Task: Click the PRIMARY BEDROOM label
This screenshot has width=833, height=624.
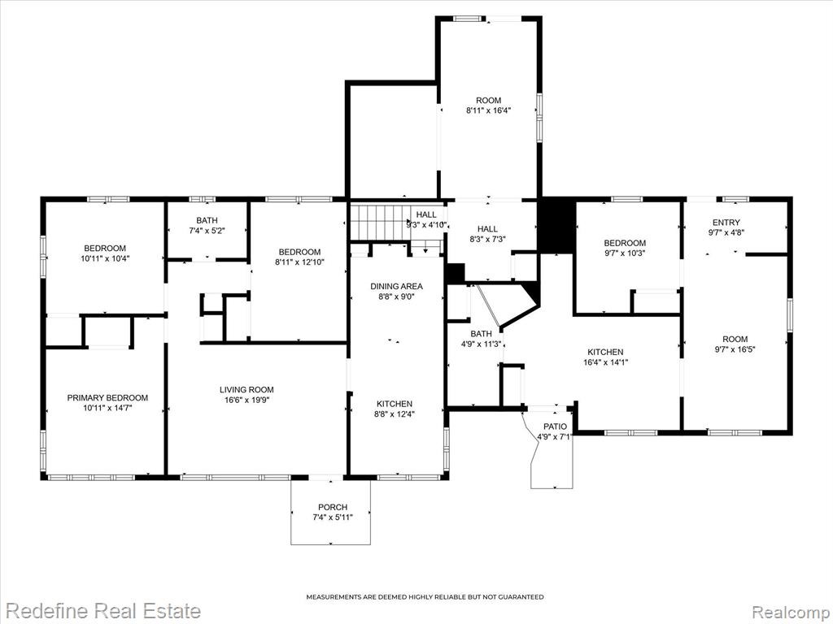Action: pyautogui.click(x=107, y=398)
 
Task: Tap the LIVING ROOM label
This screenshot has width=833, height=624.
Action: pyautogui.click(x=246, y=390)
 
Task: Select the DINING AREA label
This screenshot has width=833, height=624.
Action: pyautogui.click(x=396, y=287)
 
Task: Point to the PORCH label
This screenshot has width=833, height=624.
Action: pyautogui.click(x=333, y=507)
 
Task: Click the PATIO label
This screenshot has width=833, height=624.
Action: pyautogui.click(x=555, y=427)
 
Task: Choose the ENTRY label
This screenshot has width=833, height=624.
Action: pyautogui.click(x=726, y=223)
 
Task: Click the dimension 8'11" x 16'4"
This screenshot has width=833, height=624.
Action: pyautogui.click(x=488, y=110)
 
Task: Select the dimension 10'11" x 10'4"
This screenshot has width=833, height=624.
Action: pyautogui.click(x=105, y=259)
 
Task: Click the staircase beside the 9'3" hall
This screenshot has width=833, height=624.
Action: pyautogui.click(x=377, y=223)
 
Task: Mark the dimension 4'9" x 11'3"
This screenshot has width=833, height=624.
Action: pyautogui.click(x=481, y=344)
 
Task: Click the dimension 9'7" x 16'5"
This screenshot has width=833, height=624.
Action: pyautogui.click(x=735, y=349)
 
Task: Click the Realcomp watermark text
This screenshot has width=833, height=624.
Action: pyautogui.click(x=791, y=611)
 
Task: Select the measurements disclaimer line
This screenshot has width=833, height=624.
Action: pyautogui.click(x=425, y=597)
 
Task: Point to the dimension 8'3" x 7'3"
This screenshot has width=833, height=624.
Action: pyautogui.click(x=487, y=240)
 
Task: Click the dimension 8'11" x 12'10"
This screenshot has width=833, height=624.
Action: pyautogui.click(x=299, y=262)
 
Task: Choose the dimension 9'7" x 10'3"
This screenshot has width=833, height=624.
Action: pyautogui.click(x=625, y=253)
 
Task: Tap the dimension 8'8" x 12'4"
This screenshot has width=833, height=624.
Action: pyautogui.click(x=395, y=414)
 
